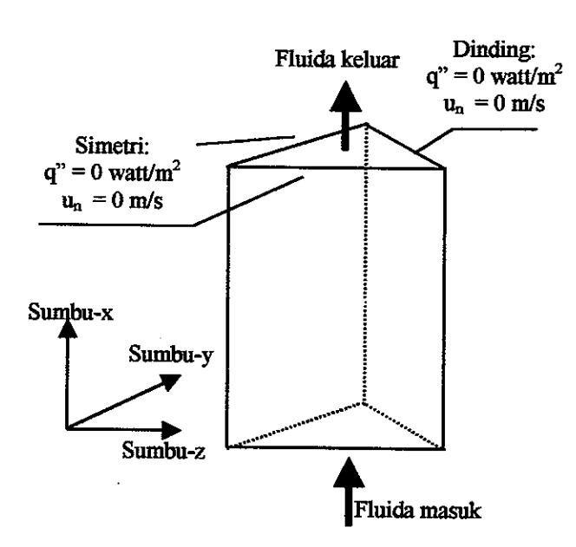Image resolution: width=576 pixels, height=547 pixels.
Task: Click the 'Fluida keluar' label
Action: [x=337, y=60]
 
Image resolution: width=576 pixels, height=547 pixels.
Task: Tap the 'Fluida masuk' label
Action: [x=417, y=511]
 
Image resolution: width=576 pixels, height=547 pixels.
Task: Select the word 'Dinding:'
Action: [x=494, y=50]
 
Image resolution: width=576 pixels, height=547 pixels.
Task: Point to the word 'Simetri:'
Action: [x=113, y=146]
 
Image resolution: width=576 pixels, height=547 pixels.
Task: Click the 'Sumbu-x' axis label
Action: [x=70, y=313]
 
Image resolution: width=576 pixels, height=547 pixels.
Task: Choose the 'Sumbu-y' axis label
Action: [x=171, y=355]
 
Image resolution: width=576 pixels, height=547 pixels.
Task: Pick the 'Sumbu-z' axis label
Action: [x=163, y=450]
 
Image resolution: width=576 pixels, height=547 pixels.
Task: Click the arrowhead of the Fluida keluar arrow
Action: [x=345, y=96]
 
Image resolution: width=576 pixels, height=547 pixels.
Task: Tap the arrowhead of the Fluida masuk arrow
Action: [x=349, y=472]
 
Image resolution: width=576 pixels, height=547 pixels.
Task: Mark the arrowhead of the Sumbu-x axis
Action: [x=68, y=329]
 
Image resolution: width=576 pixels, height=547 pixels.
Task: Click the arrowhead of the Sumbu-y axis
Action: [x=171, y=381]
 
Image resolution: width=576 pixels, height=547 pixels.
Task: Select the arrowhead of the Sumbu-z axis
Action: [x=172, y=430]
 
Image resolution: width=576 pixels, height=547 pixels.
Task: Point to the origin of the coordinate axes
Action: [x=67, y=428]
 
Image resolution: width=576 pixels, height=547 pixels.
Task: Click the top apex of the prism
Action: [x=366, y=124]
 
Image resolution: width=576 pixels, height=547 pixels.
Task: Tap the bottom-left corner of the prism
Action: [x=227, y=447]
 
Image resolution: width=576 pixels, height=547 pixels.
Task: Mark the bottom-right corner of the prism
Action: [x=444, y=449]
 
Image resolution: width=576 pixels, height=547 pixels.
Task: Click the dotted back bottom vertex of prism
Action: [x=363, y=403]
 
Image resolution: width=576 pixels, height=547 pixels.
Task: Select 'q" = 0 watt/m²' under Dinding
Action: [x=494, y=76]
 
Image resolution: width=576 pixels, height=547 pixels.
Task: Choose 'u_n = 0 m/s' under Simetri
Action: [x=113, y=202]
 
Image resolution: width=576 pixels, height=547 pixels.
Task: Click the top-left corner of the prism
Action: [x=228, y=166]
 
